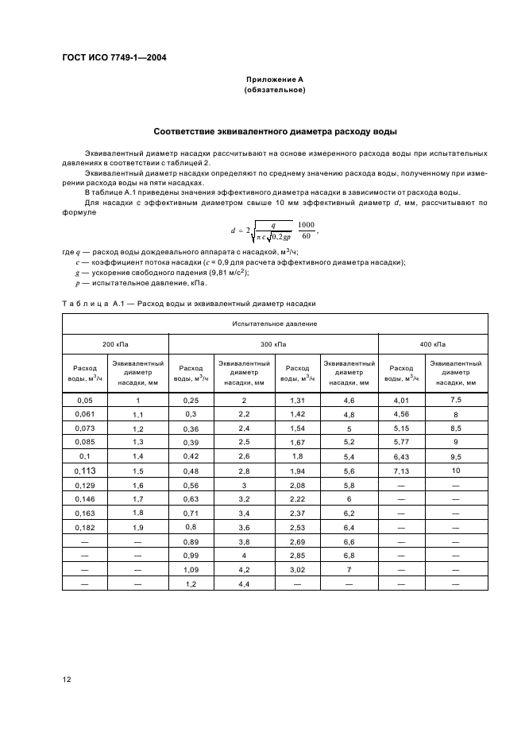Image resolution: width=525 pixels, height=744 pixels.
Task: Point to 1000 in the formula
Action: (x=306, y=225)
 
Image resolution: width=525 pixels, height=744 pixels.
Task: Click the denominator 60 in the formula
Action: (x=306, y=237)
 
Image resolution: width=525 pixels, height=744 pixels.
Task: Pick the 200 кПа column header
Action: (x=116, y=344)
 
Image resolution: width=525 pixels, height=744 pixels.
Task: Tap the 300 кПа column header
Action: (x=274, y=344)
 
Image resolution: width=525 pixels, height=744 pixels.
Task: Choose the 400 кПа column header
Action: (x=434, y=344)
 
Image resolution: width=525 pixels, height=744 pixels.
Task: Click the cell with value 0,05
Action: (x=84, y=400)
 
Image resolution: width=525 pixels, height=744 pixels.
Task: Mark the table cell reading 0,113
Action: (x=84, y=471)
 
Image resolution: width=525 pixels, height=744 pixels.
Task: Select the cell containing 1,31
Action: (x=297, y=400)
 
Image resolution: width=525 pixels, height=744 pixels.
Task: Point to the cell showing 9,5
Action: (x=456, y=457)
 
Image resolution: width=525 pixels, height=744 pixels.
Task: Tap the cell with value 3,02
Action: (x=297, y=571)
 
